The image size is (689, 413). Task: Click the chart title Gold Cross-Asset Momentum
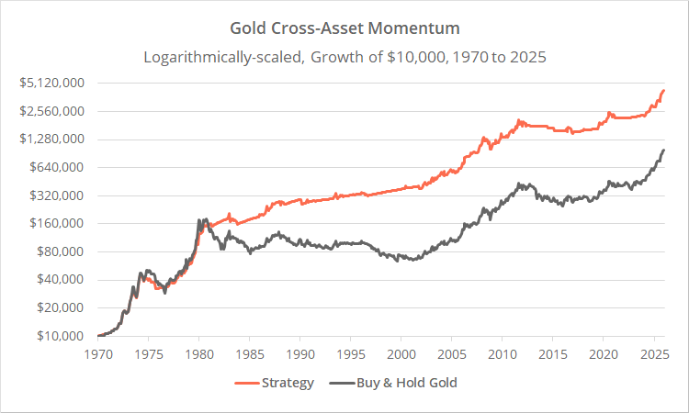coord(344,28)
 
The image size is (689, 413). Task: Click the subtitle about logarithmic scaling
coord(344,55)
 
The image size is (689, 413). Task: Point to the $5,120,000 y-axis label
coord(53,83)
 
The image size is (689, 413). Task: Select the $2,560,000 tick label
coord(53,111)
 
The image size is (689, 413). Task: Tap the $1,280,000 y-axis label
coord(53,140)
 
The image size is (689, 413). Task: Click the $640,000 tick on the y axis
coord(58,167)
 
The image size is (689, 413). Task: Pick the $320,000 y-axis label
coord(58,195)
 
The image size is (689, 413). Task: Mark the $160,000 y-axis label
coord(58,223)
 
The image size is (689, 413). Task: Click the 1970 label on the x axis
coord(98,352)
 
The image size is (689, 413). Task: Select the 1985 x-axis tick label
coord(250,352)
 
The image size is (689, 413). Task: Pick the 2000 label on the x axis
coord(401,352)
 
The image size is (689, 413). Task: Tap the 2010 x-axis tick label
coord(502,352)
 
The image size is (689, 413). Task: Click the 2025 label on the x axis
coord(653,352)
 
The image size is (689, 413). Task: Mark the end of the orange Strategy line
coord(663,91)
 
